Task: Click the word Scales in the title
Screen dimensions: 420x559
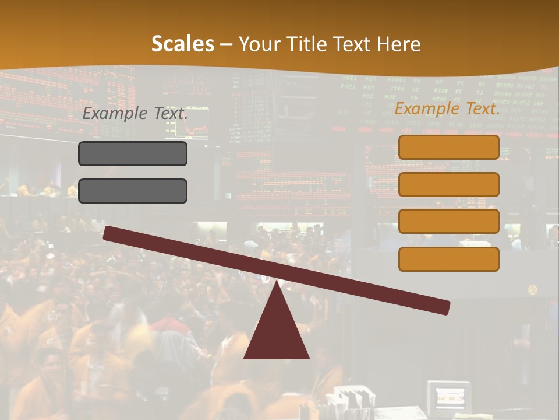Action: click(182, 44)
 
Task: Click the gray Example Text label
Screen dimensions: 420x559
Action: click(135, 114)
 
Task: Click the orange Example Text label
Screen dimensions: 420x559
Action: click(447, 108)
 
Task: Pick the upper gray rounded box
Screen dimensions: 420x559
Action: click(133, 153)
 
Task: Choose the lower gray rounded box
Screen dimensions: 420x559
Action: click(133, 191)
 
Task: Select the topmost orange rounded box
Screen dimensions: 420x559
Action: click(448, 148)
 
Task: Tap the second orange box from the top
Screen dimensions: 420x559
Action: click(448, 184)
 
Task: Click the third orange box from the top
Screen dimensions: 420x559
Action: click(448, 222)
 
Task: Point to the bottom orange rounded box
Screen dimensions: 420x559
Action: click(448, 259)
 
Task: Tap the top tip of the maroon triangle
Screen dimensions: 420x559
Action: click(277, 283)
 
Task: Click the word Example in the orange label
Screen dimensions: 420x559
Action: click(426, 108)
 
